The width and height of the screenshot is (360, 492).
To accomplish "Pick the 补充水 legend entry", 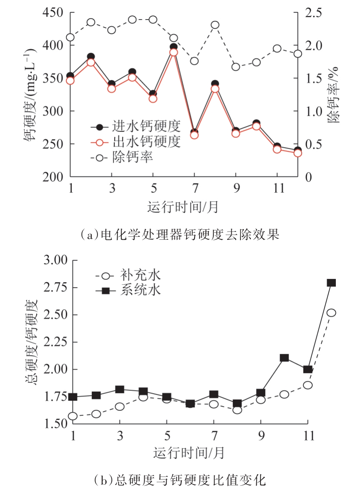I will (133, 275).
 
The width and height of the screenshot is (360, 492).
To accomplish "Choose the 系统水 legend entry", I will (133, 290).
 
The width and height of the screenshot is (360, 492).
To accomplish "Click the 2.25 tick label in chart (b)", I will (55, 342).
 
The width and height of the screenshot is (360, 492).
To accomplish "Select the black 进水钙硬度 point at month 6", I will (174, 47).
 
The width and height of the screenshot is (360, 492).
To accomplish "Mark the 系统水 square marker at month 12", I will (331, 283).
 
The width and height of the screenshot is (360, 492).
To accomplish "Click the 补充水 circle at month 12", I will (331, 313).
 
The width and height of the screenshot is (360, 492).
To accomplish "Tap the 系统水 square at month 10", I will (285, 358).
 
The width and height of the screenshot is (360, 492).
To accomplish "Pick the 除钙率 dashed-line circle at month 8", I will (215, 25).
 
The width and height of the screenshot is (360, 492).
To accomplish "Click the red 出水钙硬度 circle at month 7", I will (194, 135).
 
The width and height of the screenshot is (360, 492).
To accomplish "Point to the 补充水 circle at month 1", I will (73, 416).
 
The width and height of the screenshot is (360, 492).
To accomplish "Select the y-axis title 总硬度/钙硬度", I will (35, 341).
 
